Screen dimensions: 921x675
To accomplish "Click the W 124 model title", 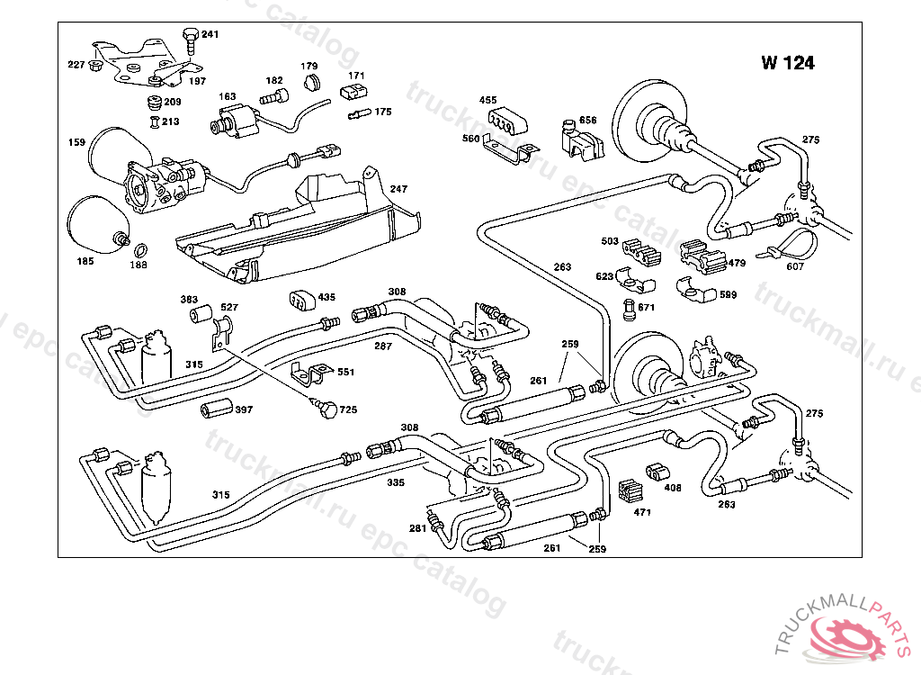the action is click(x=788, y=63).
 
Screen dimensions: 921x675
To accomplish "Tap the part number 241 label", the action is click(x=210, y=34).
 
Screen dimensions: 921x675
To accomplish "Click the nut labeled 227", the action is click(x=95, y=65).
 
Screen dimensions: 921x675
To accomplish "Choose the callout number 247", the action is click(x=398, y=189).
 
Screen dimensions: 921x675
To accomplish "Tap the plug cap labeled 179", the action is click(x=313, y=82).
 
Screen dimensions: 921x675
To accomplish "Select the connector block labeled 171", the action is click(x=354, y=93).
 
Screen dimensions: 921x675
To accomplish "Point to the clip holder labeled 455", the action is click(x=507, y=121).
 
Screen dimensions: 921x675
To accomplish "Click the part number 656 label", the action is click(x=587, y=120).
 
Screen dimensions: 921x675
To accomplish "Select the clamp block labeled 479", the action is click(x=702, y=256).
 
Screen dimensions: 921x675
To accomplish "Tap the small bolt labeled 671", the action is click(x=629, y=310).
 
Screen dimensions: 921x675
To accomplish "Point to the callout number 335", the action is click(x=396, y=482).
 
